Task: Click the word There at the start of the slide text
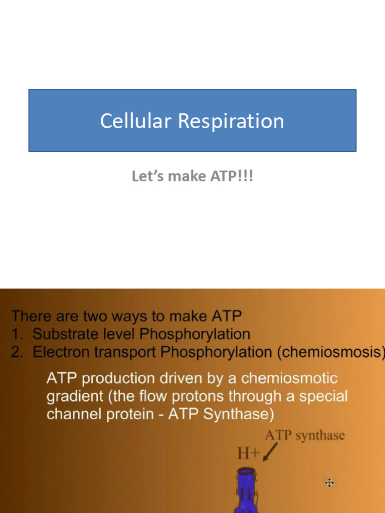[31, 316]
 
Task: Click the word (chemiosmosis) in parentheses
[331, 352]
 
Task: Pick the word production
[114, 378]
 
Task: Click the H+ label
[248, 453]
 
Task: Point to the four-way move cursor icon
[329, 483]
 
